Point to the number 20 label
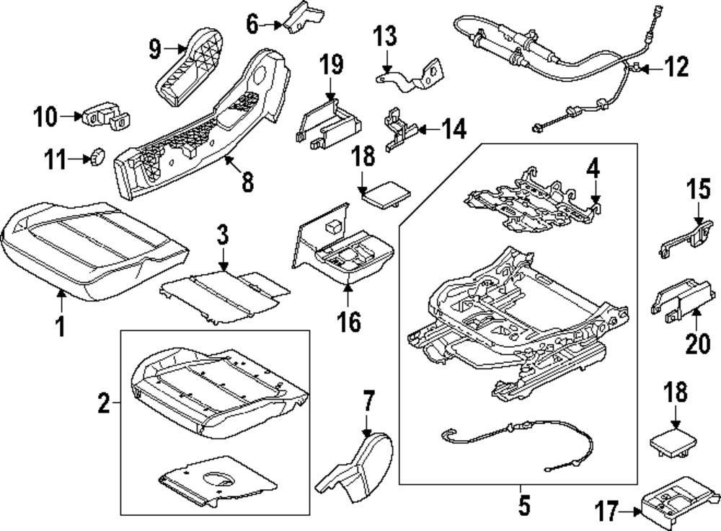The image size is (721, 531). coord(697,344)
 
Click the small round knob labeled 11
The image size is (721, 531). coord(97,155)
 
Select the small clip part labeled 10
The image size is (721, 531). coord(105,115)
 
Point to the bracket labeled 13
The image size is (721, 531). coord(412,74)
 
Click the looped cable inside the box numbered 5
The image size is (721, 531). coord(516,442)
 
